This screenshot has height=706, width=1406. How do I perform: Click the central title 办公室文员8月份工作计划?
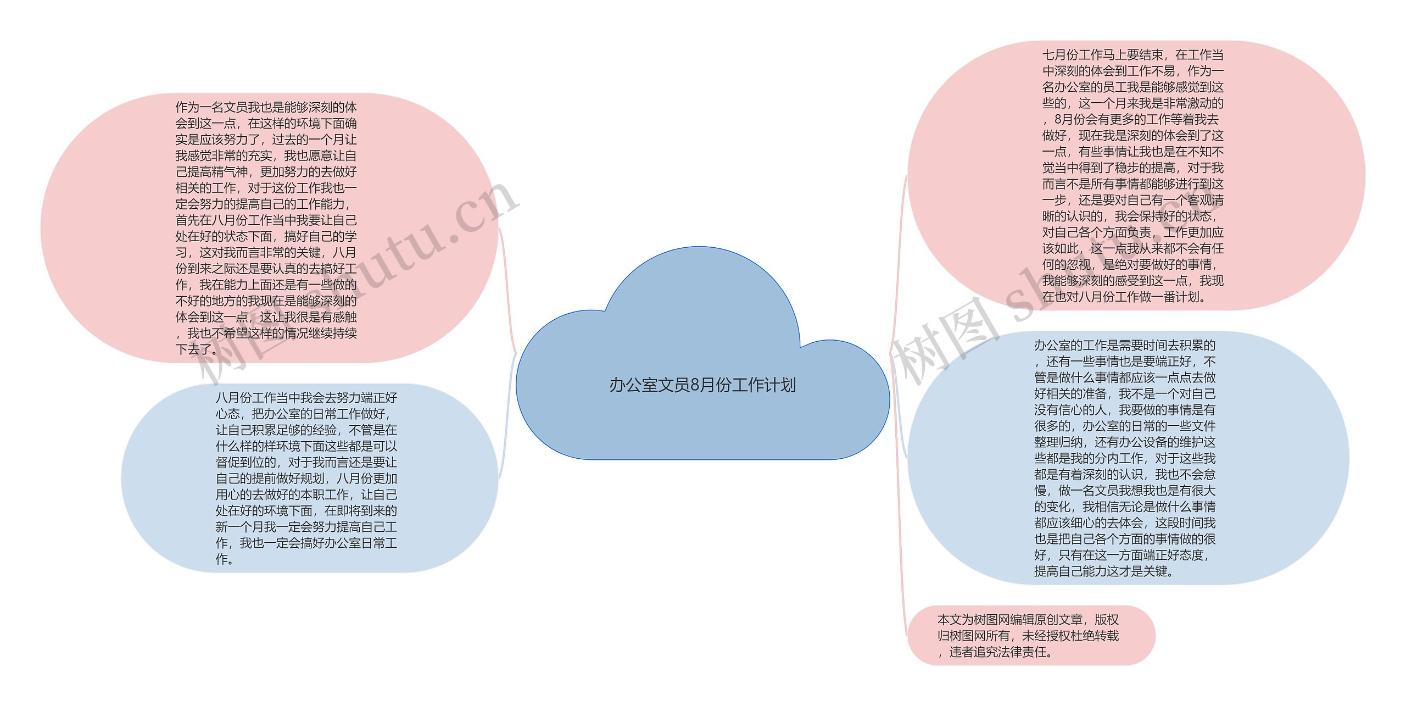tap(702, 385)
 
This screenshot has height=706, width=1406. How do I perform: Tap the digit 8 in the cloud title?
tap(694, 385)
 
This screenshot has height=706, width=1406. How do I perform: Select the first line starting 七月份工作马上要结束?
tap(1132, 55)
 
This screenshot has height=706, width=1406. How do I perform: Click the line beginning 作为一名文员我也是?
tap(266, 107)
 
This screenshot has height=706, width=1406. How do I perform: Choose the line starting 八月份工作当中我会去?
tap(306, 398)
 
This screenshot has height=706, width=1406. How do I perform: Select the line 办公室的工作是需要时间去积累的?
tap(1124, 346)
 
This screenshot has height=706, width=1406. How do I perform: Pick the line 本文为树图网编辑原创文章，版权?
tap(1028, 620)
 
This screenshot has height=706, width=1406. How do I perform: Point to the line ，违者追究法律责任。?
tap(995, 652)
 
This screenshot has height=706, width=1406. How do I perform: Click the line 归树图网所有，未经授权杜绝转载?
tap(1028, 636)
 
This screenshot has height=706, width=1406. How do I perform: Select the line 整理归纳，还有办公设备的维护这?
tap(1124, 442)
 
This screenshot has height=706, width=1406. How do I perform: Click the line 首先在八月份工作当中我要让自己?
tap(266, 220)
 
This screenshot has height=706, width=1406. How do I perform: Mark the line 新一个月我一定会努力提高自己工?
tap(306, 527)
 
